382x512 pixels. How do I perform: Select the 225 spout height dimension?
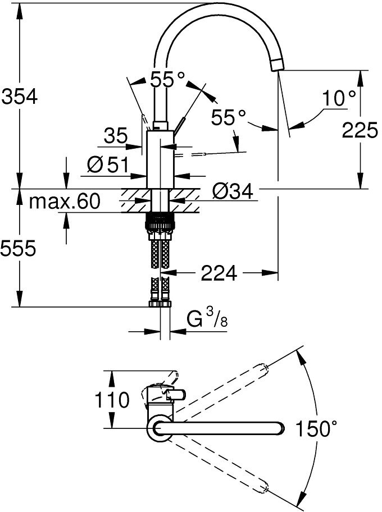360,130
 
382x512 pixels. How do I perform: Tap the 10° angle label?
340,99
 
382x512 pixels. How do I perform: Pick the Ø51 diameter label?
108,165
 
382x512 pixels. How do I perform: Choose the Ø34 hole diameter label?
233,192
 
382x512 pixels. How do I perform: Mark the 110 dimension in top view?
112,400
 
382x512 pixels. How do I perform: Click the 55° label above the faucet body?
167,79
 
